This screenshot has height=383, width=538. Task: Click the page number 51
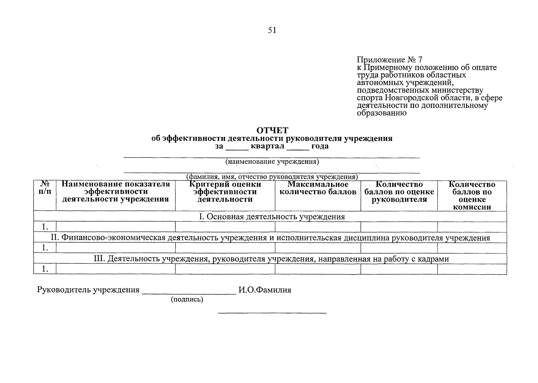pyautogui.click(x=272, y=30)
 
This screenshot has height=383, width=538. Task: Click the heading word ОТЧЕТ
pyautogui.click(x=272, y=131)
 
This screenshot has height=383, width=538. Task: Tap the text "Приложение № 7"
pyautogui.click(x=389, y=60)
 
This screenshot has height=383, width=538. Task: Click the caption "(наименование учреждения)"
pyautogui.click(x=272, y=161)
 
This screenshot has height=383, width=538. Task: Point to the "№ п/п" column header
pyautogui.click(x=45, y=188)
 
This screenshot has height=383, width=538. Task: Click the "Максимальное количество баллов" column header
pyautogui.click(x=318, y=188)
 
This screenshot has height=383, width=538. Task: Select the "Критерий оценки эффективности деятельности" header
pyautogui.click(x=225, y=192)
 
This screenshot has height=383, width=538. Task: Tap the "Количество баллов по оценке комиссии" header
pyautogui.click(x=472, y=196)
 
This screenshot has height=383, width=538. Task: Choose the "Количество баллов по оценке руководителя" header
pyautogui.click(x=399, y=192)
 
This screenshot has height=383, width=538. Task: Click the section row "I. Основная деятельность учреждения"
pyautogui.click(x=272, y=217)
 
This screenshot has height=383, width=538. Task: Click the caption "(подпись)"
pyautogui.click(x=187, y=299)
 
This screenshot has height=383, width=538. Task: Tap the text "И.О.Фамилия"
pyautogui.click(x=265, y=290)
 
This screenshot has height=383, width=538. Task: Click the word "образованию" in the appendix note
pyautogui.click(x=381, y=113)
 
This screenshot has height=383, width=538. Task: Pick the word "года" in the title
pyautogui.click(x=320, y=146)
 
